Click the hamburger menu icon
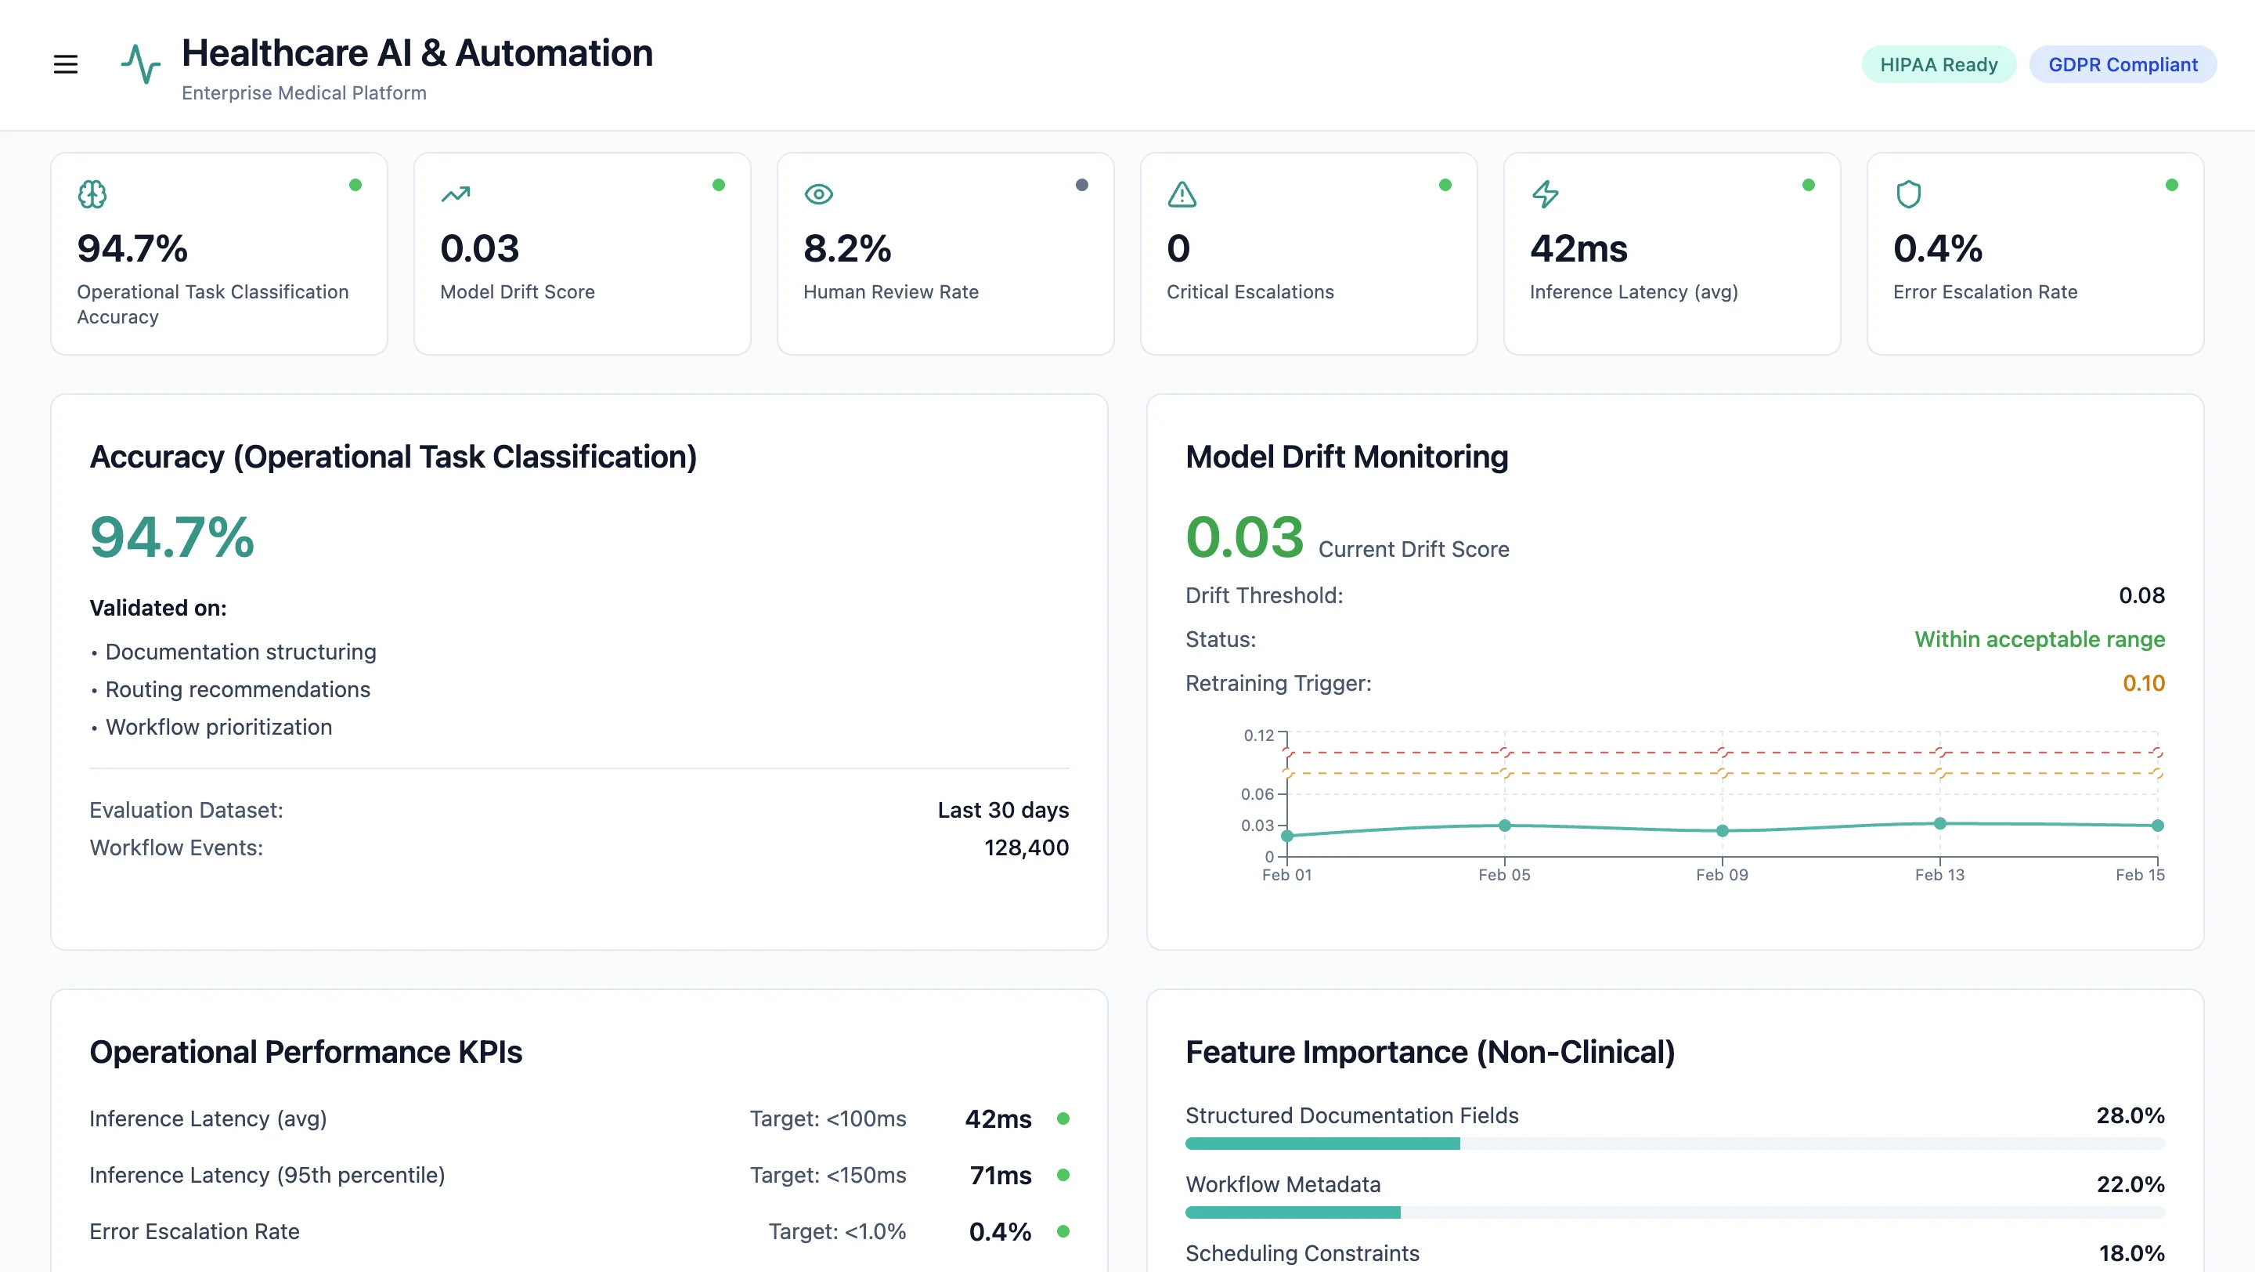pos(66,64)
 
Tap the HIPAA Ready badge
pos(1938,65)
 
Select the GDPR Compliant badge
pos(2122,65)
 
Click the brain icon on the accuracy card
pos(92,193)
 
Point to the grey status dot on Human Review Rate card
pos(1082,185)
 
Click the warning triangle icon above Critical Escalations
pos(1182,193)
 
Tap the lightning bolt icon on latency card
pos(1545,193)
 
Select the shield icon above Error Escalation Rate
pos(1908,193)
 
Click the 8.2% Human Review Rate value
pos(846,248)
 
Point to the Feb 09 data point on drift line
pos(1722,831)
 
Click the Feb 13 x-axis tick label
pos(1939,875)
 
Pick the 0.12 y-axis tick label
pos(1258,735)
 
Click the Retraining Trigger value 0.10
pos(2143,683)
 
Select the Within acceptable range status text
pos(2039,639)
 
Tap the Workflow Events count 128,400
pos(1026,847)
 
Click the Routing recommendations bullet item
pos(237,689)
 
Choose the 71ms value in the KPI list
pos(1000,1175)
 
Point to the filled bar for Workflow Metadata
pos(1292,1212)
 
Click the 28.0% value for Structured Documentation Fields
pos(2130,1115)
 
